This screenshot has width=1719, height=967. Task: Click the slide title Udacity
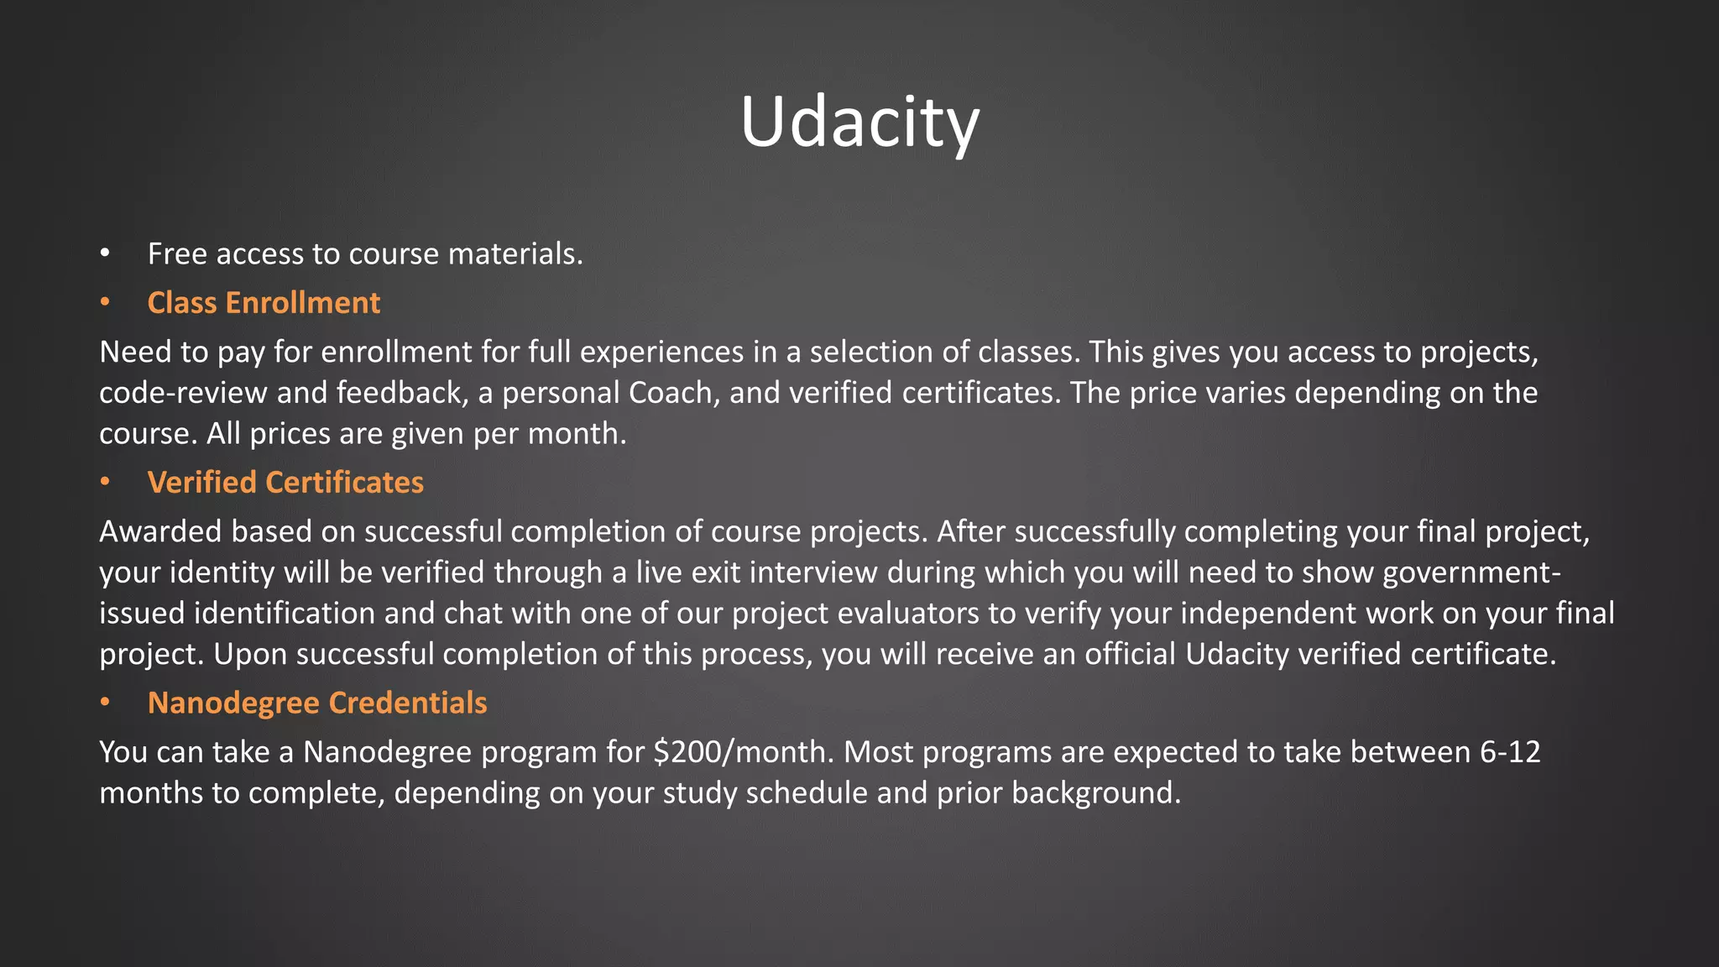[x=859, y=123]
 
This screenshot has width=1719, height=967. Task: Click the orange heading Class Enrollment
[x=264, y=303]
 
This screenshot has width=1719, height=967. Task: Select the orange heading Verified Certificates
[x=285, y=483]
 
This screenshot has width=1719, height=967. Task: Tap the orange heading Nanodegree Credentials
[x=317, y=703]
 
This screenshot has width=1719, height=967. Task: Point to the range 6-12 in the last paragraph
[x=1510, y=752]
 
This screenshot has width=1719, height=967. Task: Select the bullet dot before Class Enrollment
[x=105, y=303]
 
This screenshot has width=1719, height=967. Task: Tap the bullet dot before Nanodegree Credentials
[x=105, y=703]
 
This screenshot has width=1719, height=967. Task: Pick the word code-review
[x=183, y=393]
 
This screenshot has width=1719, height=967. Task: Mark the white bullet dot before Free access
[x=105, y=254]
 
